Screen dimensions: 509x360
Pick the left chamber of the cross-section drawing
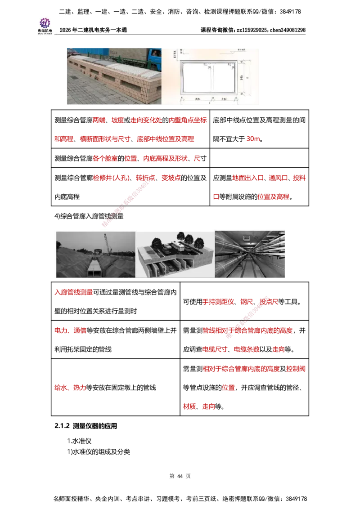[196, 78]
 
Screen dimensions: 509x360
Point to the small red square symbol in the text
[216, 196]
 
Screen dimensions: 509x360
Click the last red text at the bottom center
[208, 406]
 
